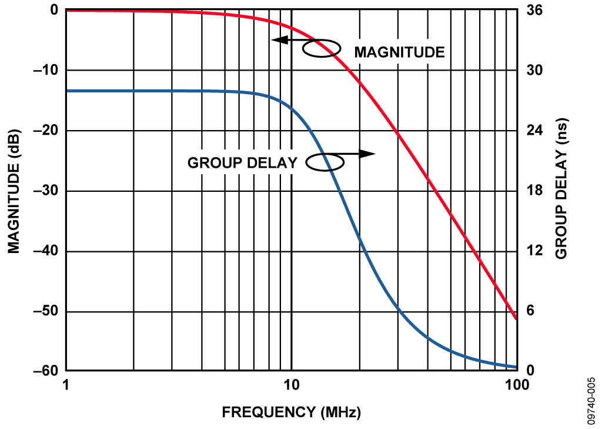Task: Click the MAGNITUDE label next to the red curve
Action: click(x=399, y=52)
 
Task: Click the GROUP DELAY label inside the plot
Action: click(x=242, y=163)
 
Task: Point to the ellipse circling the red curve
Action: click(x=322, y=48)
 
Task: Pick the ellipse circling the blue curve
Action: click(x=324, y=162)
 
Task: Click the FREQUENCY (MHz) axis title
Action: click(x=291, y=412)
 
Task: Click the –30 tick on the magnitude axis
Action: click(x=44, y=191)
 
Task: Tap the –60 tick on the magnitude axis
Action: click(x=44, y=371)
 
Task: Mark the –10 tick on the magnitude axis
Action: click(x=44, y=71)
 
